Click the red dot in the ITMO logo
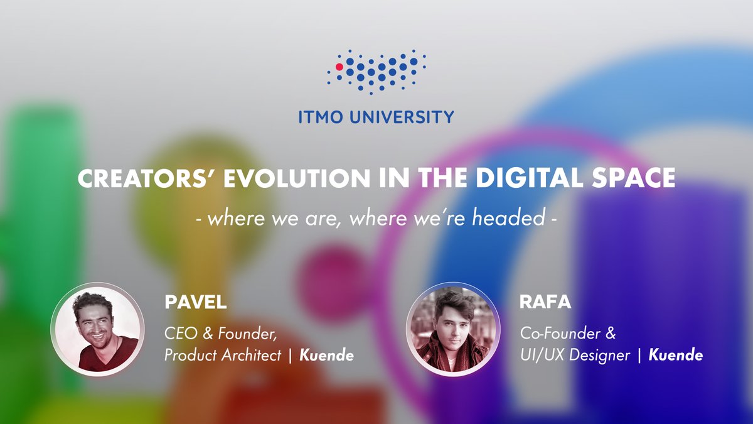pos(339,66)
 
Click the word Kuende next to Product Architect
pos(326,356)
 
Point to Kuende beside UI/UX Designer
pos(676,356)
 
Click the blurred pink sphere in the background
pos(333,273)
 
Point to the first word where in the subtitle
pos(227,219)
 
